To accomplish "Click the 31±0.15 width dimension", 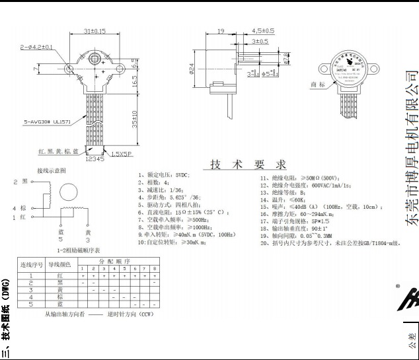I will click(x=95, y=31).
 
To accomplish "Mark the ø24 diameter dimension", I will click(x=191, y=68).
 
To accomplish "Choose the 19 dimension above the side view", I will click(x=220, y=31).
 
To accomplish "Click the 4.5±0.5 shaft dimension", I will click(x=263, y=31).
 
